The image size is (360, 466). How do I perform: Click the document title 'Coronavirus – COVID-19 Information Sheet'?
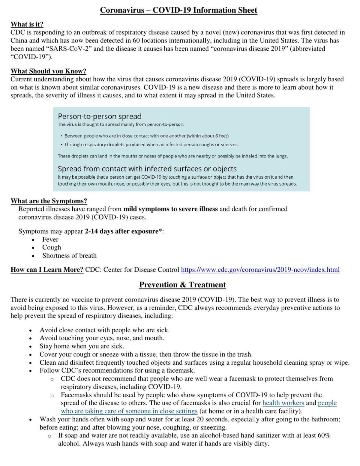point(178,10)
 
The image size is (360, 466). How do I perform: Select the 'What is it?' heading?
point(27,24)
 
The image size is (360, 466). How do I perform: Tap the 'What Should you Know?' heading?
point(49,71)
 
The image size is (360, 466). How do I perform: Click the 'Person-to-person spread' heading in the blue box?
point(99,116)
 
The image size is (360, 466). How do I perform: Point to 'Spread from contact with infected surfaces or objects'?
point(147,169)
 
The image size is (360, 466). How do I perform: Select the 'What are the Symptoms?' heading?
point(49,201)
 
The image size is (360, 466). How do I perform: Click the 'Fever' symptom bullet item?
point(50,239)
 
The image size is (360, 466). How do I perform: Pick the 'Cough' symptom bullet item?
point(52,247)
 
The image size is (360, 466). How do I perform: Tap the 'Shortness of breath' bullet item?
point(69,255)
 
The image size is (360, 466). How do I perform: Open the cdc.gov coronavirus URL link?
point(260,270)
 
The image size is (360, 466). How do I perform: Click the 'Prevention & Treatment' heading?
point(182,285)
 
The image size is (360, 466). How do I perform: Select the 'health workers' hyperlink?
point(283,403)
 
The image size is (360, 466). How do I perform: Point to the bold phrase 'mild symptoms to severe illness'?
point(170,209)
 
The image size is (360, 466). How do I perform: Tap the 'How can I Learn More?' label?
point(47,270)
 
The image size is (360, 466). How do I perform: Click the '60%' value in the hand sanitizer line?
point(324,435)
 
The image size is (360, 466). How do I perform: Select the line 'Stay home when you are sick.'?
point(82,346)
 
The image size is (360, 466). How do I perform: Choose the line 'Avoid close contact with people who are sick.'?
point(105,330)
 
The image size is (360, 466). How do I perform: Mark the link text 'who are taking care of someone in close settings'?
point(129,411)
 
